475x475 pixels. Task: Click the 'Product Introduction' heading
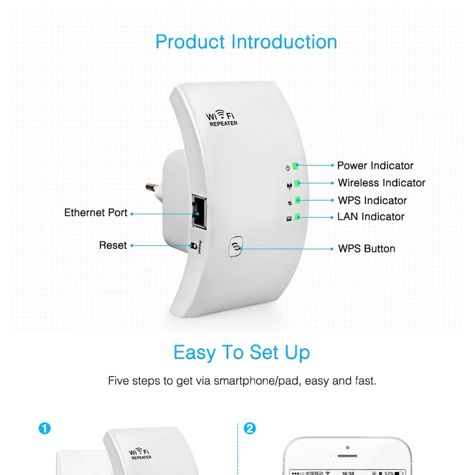(x=246, y=42)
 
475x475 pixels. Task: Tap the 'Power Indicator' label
(x=375, y=166)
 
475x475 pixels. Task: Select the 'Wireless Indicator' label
(x=381, y=183)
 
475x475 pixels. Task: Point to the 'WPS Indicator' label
(x=372, y=201)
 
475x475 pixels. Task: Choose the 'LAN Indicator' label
(x=370, y=217)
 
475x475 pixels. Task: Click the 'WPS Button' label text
(x=366, y=249)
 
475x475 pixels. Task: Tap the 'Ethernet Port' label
(x=96, y=213)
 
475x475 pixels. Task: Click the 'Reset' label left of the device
(x=113, y=245)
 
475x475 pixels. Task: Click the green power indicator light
(x=295, y=166)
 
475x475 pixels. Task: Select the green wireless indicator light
(x=297, y=183)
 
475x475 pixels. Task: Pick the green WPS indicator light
(x=298, y=200)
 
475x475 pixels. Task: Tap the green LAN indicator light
(x=297, y=217)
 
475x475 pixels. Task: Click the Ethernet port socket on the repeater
(x=199, y=212)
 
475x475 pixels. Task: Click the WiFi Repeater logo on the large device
(x=221, y=118)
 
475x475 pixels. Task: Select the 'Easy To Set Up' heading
(x=242, y=352)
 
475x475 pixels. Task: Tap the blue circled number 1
(x=45, y=428)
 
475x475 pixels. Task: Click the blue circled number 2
(x=249, y=428)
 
